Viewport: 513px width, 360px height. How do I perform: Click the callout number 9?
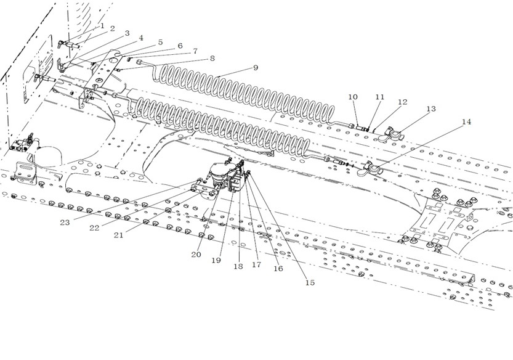point(254,67)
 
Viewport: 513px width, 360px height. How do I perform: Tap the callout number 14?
point(466,121)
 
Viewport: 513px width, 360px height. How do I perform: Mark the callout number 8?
point(212,59)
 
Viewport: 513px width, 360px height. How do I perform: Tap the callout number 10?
point(353,97)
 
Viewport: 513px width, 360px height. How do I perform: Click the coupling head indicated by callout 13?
point(390,133)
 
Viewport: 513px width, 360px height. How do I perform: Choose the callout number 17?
point(257,266)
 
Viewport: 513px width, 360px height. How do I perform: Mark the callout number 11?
point(379,97)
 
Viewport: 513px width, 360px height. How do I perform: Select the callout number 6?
point(180,46)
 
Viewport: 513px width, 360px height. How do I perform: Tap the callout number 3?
point(127,33)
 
